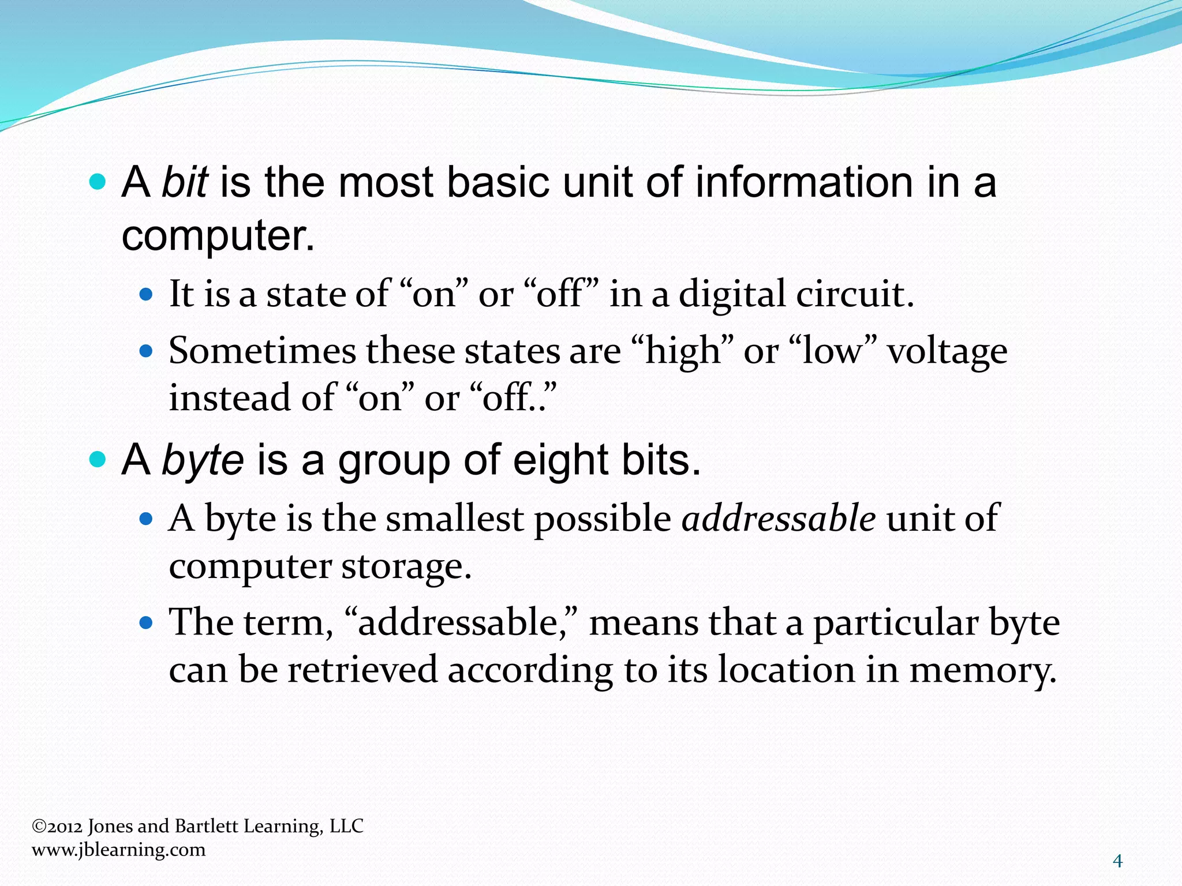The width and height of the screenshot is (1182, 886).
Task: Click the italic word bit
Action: pyautogui.click(x=184, y=182)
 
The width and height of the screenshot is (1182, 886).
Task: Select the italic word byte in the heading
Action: pyautogui.click(x=203, y=460)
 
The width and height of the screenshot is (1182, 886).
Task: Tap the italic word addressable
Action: pyautogui.click(x=779, y=517)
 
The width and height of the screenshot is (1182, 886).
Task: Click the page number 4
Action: pyautogui.click(x=1117, y=861)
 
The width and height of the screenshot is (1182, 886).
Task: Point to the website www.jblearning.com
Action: pyautogui.click(x=118, y=850)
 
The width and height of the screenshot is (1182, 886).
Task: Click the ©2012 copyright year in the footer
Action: pyautogui.click(x=57, y=826)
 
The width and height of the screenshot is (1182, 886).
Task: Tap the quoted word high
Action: pyautogui.click(x=682, y=351)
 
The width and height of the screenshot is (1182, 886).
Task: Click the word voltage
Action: pyautogui.click(x=947, y=351)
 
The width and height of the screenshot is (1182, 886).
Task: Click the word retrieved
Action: pyautogui.click(x=362, y=670)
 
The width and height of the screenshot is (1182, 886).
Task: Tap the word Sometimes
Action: pyautogui.click(x=263, y=351)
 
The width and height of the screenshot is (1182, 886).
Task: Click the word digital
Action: pyautogui.click(x=732, y=294)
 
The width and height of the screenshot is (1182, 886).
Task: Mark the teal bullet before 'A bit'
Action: pyautogui.click(x=99, y=183)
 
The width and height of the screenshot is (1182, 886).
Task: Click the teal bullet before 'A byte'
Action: pyautogui.click(x=99, y=460)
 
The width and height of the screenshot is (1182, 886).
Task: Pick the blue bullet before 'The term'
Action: pyautogui.click(x=146, y=624)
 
